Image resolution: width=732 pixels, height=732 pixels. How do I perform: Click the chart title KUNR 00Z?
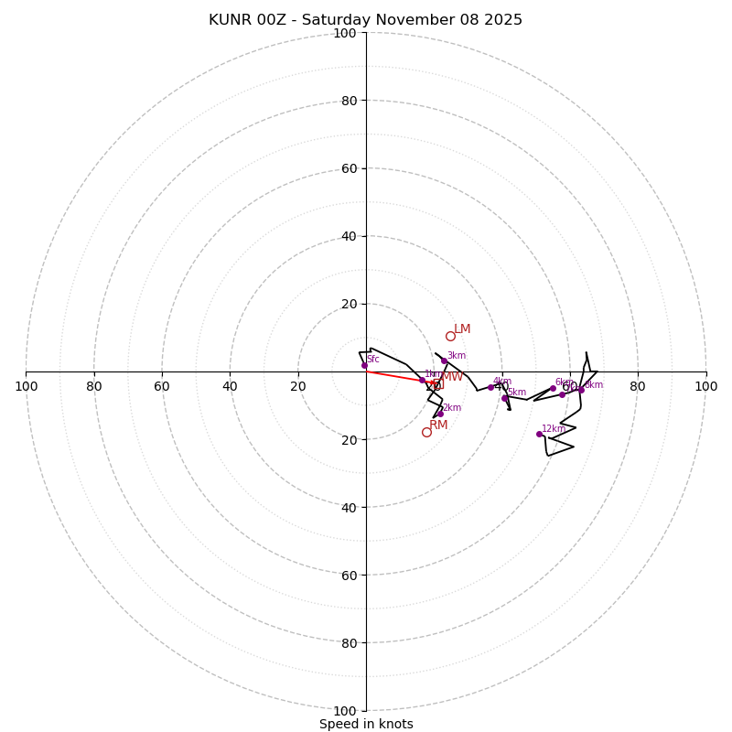(365, 20)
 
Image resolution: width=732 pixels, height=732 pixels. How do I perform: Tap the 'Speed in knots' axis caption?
(366, 724)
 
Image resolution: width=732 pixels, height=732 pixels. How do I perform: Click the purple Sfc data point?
(364, 365)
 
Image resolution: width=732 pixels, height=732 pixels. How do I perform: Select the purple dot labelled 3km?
(445, 361)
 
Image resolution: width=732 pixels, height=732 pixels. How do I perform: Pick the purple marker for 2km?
(440, 414)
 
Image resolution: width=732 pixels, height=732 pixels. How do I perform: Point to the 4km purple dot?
(490, 387)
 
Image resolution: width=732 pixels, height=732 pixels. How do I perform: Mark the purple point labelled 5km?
(504, 398)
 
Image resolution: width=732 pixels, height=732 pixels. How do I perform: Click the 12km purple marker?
(539, 434)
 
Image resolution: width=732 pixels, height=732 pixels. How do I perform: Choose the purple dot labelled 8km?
(581, 390)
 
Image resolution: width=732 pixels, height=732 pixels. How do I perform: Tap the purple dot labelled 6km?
(553, 388)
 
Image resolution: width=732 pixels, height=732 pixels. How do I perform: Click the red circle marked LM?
(450, 336)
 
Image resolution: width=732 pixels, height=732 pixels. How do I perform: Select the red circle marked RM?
(426, 432)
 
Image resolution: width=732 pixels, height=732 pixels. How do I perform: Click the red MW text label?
(453, 377)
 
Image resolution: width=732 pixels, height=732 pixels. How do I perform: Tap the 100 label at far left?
(26, 386)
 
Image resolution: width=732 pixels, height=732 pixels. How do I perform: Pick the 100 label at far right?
(705, 386)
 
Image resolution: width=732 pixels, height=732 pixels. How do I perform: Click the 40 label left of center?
(230, 386)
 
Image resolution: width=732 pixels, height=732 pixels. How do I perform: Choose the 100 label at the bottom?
(344, 710)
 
